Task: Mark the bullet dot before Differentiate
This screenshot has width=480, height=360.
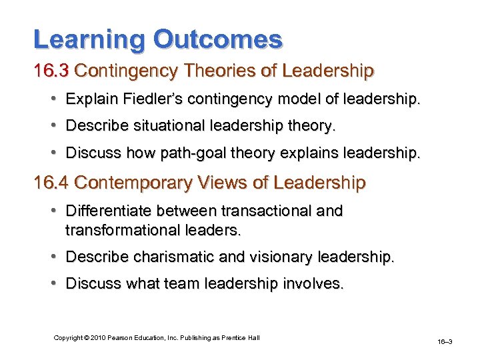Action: click(52, 211)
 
